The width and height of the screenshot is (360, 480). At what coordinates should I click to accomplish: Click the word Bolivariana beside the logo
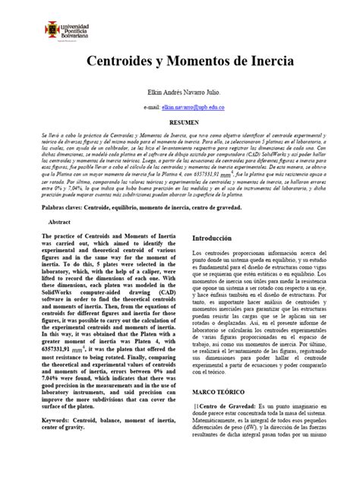tap(82, 36)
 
